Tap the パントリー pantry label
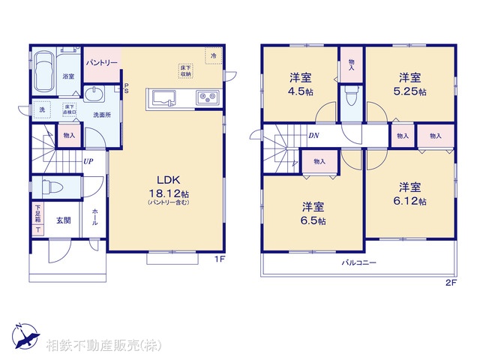(x=101, y=63)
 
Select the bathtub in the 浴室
(x=44, y=68)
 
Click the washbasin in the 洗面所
(x=94, y=94)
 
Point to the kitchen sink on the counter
(x=164, y=97)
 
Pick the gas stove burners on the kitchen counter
(x=206, y=97)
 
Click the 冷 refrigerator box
(x=214, y=56)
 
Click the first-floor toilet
(x=53, y=187)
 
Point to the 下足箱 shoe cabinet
(x=37, y=218)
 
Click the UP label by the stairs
(x=88, y=161)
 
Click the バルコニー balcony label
(x=359, y=263)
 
